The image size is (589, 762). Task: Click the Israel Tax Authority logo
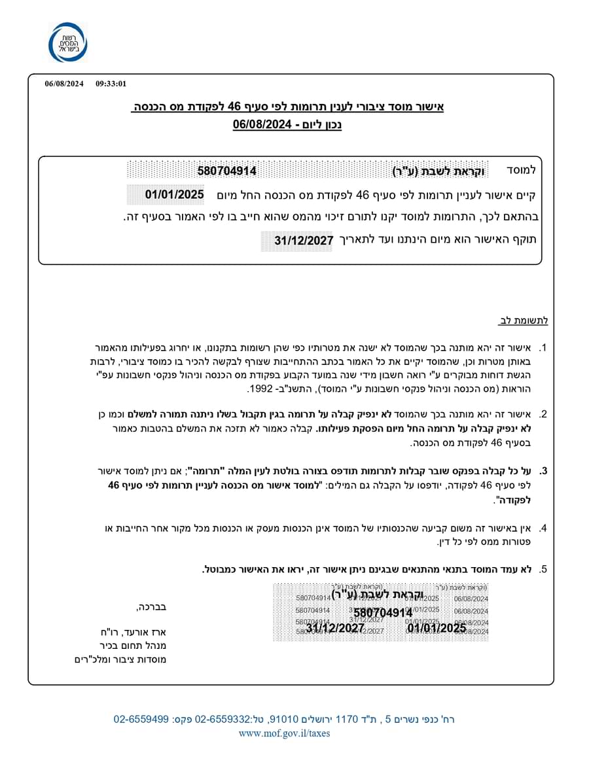click(x=67, y=43)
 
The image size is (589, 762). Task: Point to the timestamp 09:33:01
click(x=111, y=84)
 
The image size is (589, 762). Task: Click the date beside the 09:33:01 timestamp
click(x=64, y=84)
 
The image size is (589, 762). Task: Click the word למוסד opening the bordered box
click(x=521, y=170)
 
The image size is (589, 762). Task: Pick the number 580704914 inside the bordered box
click(x=227, y=171)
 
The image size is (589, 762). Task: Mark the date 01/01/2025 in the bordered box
click(x=175, y=194)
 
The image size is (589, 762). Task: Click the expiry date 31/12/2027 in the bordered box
click(x=304, y=240)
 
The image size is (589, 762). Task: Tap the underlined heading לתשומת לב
click(x=524, y=320)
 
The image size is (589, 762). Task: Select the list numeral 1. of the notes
click(x=543, y=348)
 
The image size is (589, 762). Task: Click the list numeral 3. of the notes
click(x=543, y=470)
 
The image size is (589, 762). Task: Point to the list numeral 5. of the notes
click(x=543, y=569)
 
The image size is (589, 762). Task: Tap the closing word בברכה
click(x=151, y=607)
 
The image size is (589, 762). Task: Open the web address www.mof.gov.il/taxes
click(x=284, y=733)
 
